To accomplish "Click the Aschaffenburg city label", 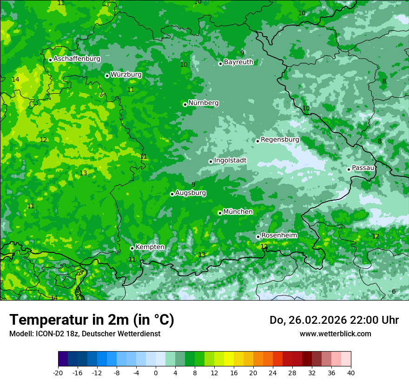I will (77, 59).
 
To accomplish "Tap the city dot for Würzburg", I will (107, 76).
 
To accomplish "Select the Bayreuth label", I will (238, 62).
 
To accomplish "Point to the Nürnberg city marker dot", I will (185, 104).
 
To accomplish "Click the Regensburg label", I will (280, 139).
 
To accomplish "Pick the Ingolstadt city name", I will (230, 160).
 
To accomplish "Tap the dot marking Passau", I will (349, 169).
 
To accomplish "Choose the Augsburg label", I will (191, 193).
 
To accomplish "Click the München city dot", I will (220, 213).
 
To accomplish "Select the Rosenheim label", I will (279, 235).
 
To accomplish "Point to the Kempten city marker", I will (132, 248).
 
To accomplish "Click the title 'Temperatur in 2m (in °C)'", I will (92, 320).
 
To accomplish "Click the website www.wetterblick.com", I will (335, 334).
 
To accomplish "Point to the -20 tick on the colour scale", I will (58, 372).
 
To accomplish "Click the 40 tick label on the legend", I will (351, 372).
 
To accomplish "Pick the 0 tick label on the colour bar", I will (156, 372).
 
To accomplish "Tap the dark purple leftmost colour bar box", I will (63, 359).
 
